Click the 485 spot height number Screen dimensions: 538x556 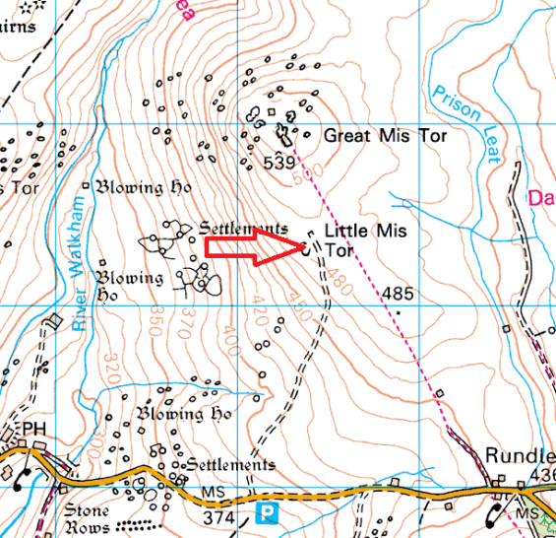click(x=398, y=294)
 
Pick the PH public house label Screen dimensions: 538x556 click(x=34, y=430)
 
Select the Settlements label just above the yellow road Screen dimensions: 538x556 click(x=229, y=464)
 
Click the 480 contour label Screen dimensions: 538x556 click(x=340, y=279)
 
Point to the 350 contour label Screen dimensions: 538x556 click(x=154, y=322)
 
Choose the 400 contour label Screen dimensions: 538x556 click(x=230, y=345)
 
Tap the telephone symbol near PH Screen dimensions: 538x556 click(x=21, y=476)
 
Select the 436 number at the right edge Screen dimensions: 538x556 click(x=543, y=476)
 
